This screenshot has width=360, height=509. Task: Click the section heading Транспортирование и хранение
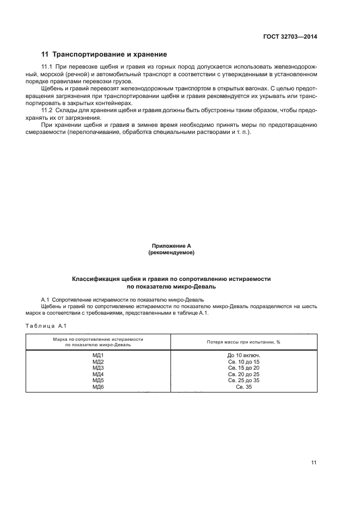coord(104,54)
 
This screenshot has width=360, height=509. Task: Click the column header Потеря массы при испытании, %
coord(243,342)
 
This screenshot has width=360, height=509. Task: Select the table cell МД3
coord(98,368)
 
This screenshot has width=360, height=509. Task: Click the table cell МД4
coord(98,375)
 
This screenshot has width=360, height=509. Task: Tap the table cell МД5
coord(98,381)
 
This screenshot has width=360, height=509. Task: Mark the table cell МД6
coord(98,387)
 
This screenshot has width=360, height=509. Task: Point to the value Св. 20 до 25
coord(243,375)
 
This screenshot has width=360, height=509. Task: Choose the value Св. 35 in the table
coord(243,387)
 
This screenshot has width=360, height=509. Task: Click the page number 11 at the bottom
coord(314,463)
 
